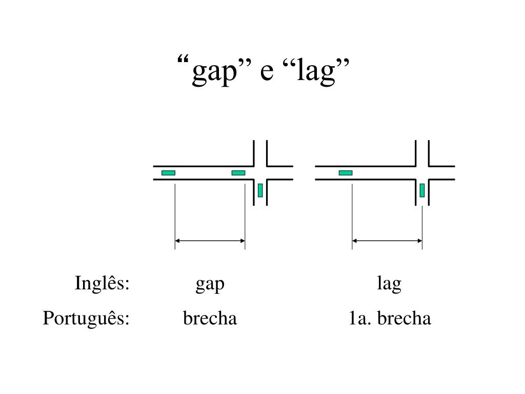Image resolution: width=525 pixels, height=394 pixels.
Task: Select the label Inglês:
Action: [102, 283]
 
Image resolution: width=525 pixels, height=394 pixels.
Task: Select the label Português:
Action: [86, 319]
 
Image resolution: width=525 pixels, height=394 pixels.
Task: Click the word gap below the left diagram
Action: [210, 284]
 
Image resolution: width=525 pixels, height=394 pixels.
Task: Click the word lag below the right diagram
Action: [389, 284]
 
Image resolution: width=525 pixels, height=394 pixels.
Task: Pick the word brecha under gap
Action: [210, 319]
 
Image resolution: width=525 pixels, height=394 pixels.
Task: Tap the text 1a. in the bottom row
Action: [359, 319]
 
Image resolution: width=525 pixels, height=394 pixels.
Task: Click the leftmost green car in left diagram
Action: [168, 173]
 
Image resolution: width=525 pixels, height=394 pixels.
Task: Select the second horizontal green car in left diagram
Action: [238, 173]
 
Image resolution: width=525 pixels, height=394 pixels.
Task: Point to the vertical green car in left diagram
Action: [260, 190]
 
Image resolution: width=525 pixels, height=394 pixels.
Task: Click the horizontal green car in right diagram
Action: [346, 173]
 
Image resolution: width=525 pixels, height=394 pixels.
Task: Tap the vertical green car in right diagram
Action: [422, 190]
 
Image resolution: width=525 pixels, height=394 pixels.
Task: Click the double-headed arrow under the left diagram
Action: [210, 240]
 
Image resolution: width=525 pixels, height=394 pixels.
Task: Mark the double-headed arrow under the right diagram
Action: [387, 240]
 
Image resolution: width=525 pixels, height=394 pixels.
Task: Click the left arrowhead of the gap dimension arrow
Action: [178, 240]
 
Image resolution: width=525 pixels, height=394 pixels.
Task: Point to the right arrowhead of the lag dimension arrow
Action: [419, 240]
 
